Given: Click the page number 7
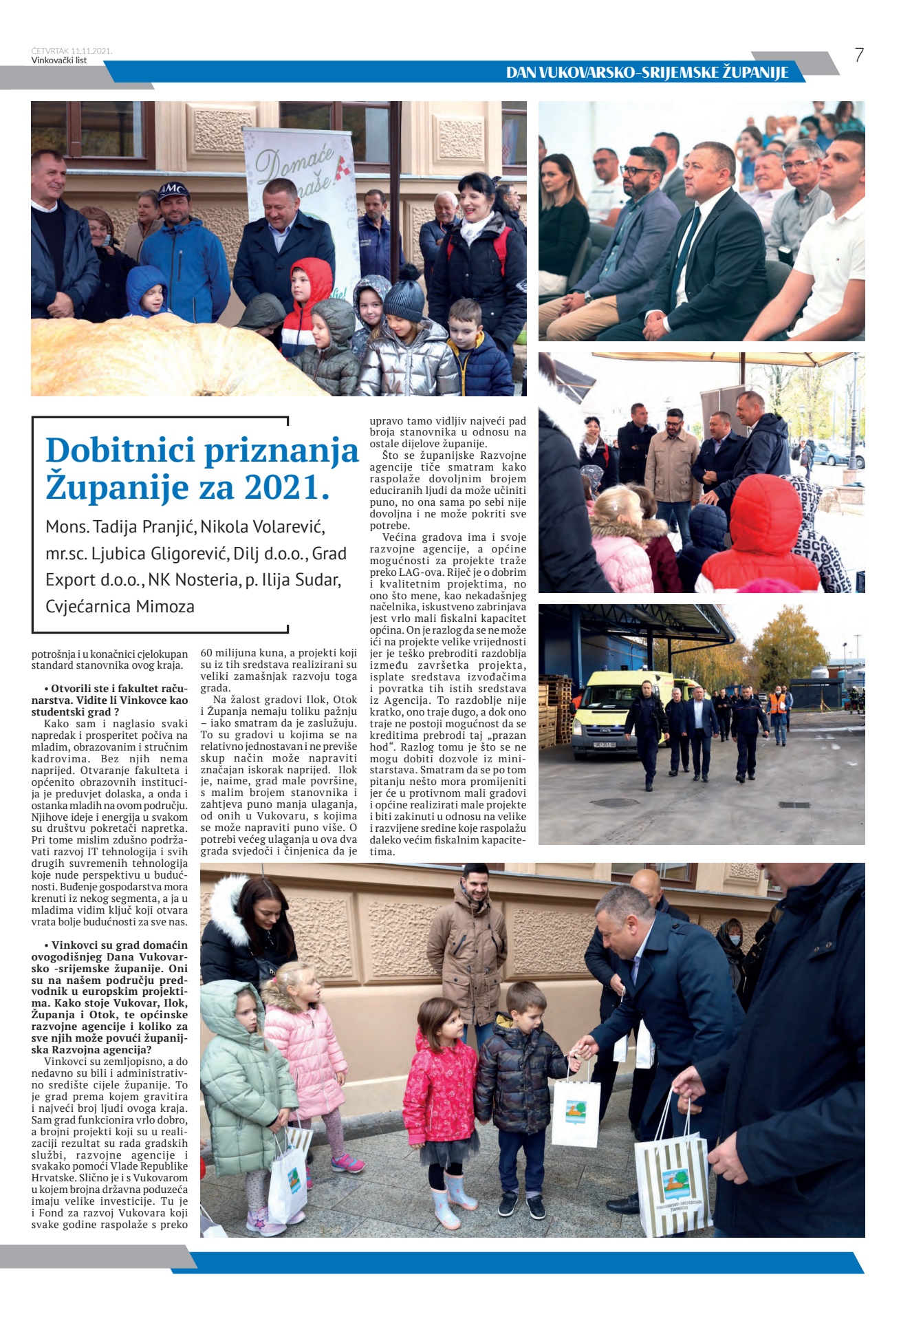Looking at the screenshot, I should point(858,55).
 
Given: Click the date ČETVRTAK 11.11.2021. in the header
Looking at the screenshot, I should point(72,51).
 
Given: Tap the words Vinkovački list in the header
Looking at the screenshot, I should point(59,61).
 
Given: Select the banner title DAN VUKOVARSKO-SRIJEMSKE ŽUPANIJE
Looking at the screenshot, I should point(647,72).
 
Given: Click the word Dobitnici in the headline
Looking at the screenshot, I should point(120,451).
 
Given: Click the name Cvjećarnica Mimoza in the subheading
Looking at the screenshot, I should point(120,607).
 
